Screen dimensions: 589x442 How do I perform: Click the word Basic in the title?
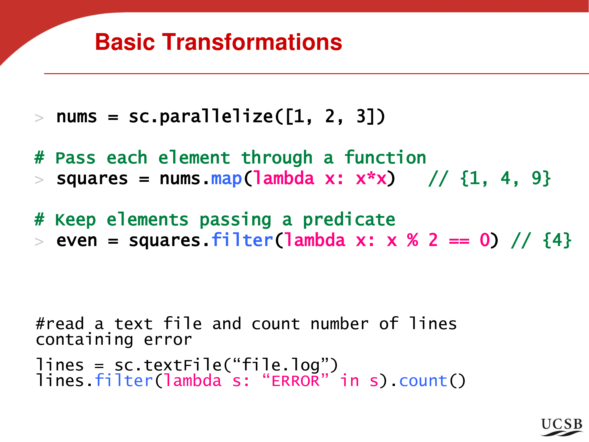125,42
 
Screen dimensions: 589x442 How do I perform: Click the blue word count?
423,381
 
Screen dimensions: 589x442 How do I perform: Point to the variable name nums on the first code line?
77,117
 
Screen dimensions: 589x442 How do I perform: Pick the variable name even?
77,241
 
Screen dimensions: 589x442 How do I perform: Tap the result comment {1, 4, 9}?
505,178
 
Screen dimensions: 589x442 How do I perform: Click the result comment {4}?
557,240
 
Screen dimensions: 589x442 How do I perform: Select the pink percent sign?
413,240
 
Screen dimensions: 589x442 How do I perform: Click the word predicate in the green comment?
349,220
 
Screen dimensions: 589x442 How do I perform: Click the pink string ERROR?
295,381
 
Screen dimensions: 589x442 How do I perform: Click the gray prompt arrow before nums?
39,118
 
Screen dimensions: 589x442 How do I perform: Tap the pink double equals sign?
459,241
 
